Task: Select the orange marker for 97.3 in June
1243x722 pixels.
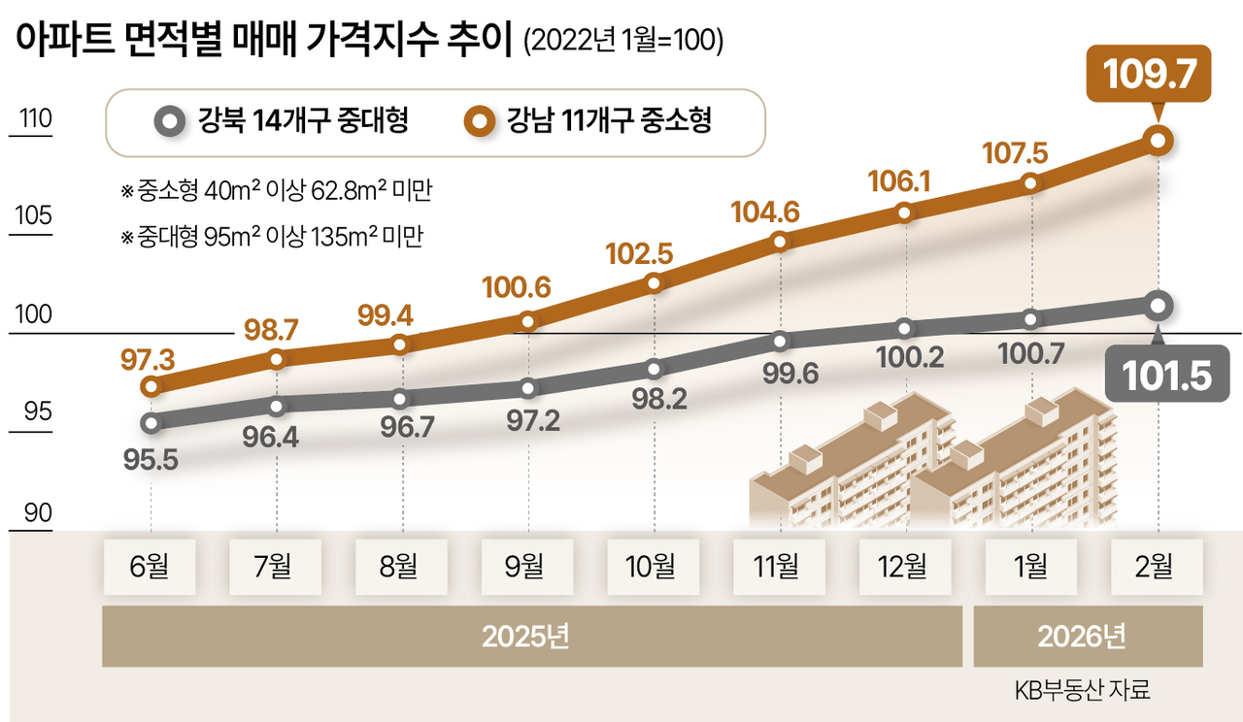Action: coord(151,386)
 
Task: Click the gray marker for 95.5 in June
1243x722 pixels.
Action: coord(151,422)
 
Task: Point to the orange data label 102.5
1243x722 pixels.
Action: coord(638,253)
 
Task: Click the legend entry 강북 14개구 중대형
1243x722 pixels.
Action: coord(283,122)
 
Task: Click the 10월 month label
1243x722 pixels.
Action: coord(653,567)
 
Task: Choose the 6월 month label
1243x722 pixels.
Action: coord(151,567)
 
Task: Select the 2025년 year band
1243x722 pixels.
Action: coord(530,637)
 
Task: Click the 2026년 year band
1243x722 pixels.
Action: coord(1088,637)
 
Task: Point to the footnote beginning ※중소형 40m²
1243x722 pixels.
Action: coord(276,191)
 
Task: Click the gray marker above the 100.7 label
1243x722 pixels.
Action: coord(1031,318)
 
